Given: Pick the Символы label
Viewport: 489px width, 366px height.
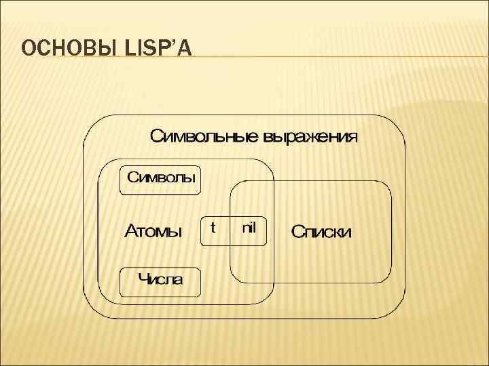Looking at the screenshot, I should click(162, 180).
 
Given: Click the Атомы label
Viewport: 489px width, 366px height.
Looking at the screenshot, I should click(153, 231).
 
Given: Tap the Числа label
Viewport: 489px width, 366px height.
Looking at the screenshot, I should click(161, 279).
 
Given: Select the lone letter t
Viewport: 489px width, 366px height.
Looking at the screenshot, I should click(213, 227).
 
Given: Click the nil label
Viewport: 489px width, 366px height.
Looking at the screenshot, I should click(249, 227).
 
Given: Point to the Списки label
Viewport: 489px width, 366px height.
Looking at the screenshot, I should click(321, 232).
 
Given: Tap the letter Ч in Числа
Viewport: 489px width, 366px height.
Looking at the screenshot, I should click(143, 279).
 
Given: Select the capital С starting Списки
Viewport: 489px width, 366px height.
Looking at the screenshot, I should click(297, 232).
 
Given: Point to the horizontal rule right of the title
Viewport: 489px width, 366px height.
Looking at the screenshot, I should click(340, 56).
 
